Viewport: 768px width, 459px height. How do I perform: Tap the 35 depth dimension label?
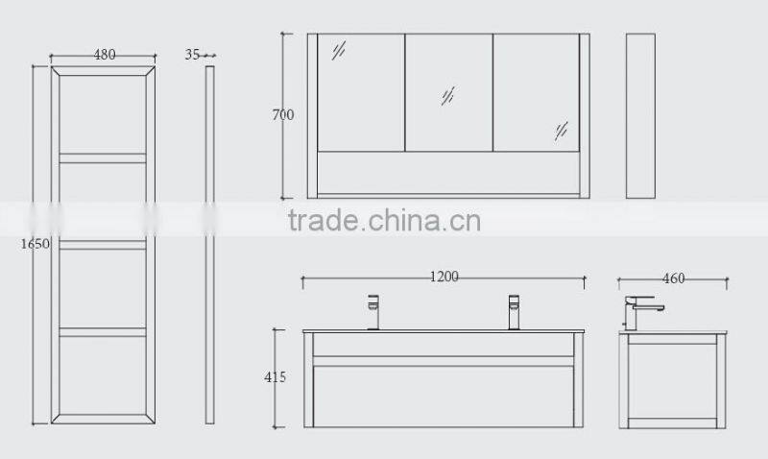192,55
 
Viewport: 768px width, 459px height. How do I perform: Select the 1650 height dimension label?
34,243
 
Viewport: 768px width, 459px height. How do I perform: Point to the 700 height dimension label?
282,115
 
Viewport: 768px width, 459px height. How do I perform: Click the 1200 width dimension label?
443,277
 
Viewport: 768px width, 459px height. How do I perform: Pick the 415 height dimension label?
275,377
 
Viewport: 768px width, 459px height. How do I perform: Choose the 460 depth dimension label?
673,278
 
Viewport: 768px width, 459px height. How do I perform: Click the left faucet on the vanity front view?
373,311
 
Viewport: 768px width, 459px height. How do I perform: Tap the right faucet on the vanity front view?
513,311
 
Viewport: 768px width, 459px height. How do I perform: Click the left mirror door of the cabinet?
361,92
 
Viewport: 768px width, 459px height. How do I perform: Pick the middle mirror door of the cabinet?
448,92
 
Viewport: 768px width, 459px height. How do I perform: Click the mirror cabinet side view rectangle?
640,116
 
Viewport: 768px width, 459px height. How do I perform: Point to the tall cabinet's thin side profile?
209,245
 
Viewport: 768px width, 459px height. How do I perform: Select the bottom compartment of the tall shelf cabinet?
103,374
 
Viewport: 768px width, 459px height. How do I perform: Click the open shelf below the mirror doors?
448,172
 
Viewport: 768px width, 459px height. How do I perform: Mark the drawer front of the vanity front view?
443,389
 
